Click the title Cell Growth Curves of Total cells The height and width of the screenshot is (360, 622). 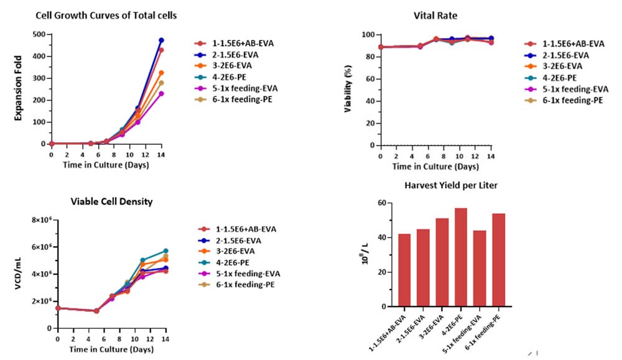(106, 16)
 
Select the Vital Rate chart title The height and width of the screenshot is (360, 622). (435, 16)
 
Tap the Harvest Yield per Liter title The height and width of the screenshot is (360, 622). (450, 185)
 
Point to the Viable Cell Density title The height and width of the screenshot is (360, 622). (111, 201)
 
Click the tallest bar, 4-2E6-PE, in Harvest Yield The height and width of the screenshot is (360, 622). (460, 257)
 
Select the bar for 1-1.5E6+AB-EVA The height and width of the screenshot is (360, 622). (404, 270)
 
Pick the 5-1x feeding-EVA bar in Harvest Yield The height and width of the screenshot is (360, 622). (479, 269)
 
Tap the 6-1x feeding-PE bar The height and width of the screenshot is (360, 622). (498, 260)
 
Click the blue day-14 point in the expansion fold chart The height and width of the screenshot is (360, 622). (161, 40)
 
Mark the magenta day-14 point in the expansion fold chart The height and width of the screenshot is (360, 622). (161, 93)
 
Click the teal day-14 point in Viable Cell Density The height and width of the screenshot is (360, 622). (166, 251)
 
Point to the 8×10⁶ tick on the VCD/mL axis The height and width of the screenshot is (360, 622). (42, 219)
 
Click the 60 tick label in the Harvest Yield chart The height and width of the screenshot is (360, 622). (382, 203)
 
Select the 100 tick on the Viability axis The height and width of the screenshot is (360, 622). (368, 35)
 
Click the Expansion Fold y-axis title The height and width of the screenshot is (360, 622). (18, 88)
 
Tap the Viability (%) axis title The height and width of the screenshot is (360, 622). (348, 89)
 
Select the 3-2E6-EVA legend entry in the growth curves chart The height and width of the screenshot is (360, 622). (223, 65)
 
